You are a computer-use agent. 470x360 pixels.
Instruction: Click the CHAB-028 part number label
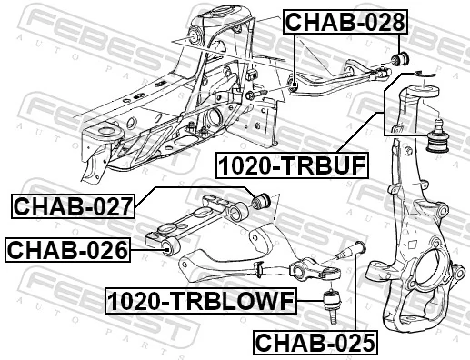(345, 23)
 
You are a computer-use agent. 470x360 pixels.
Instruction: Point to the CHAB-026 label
(65, 248)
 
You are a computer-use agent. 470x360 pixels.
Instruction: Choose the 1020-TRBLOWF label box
(199, 299)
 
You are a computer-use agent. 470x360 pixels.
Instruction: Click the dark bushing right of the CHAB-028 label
(398, 59)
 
